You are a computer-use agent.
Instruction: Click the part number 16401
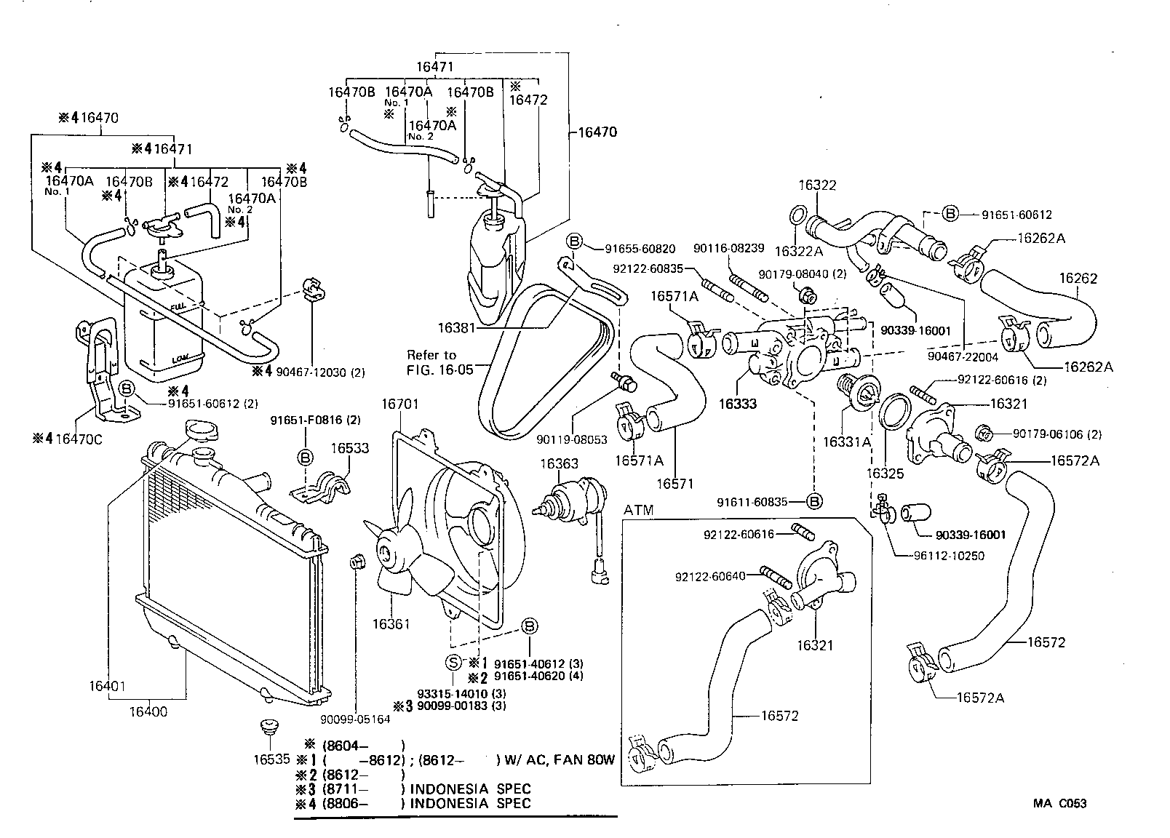108,686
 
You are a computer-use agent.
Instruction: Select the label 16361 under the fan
391,624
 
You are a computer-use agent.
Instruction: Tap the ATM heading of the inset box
638,510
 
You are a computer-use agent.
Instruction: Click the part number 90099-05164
355,719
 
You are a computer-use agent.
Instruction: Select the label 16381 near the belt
456,328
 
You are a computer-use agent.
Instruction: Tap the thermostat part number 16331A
847,442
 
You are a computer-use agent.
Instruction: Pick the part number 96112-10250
949,556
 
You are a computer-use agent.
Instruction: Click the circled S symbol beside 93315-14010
452,663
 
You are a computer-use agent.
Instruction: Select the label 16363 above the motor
559,463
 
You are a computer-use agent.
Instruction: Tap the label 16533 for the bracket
351,450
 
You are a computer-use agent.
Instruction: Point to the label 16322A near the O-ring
798,251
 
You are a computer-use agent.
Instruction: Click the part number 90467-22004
963,357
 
